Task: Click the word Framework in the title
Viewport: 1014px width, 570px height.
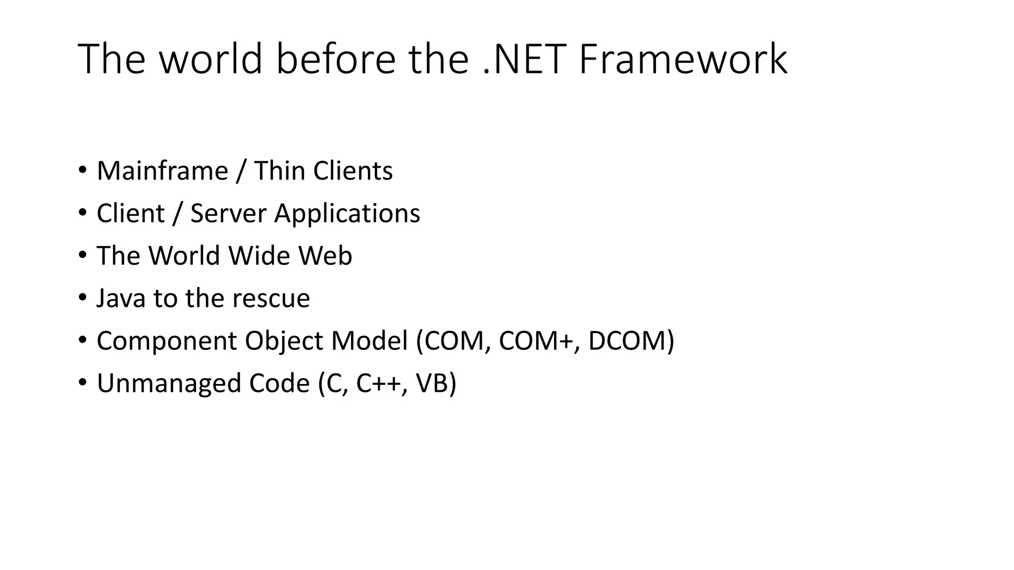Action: click(683, 59)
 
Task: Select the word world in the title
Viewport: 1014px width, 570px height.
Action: click(210, 59)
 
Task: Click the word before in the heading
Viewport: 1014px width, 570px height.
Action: click(336, 59)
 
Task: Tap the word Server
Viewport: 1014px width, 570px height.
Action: click(228, 213)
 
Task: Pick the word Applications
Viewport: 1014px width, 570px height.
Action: click(347, 213)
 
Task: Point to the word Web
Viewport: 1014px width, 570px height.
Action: click(325, 256)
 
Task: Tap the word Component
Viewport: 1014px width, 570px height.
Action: click(167, 341)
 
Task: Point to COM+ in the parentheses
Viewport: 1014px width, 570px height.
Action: click(539, 341)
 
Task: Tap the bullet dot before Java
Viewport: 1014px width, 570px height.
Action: click(82, 298)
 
